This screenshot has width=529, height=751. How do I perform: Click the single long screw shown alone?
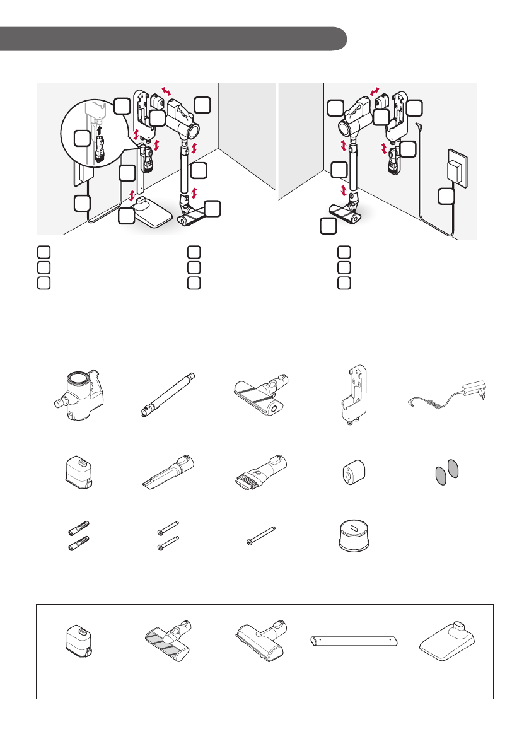click(262, 538)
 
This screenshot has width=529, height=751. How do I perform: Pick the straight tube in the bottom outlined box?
click(355, 641)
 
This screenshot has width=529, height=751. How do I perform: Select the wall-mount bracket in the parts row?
click(351, 397)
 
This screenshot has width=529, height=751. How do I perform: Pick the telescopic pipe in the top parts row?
click(168, 394)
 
